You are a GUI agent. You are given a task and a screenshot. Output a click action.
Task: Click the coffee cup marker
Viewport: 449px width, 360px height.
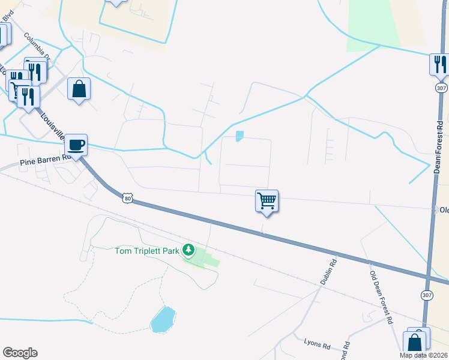tap(76, 145)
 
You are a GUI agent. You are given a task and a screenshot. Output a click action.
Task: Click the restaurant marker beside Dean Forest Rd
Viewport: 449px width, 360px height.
tap(440, 64)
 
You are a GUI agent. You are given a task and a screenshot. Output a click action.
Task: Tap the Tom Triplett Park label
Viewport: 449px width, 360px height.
tap(147, 251)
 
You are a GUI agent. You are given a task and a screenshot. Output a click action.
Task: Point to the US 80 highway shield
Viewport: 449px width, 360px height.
tap(125, 197)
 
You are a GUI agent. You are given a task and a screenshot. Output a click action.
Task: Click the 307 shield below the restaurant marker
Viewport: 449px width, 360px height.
tap(441, 88)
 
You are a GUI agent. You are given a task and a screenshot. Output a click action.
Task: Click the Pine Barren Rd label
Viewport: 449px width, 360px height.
tap(46, 160)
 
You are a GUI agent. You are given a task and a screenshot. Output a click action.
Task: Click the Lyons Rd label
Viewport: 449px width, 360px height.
tap(318, 346)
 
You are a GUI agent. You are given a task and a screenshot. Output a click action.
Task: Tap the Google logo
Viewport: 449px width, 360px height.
tap(20, 353)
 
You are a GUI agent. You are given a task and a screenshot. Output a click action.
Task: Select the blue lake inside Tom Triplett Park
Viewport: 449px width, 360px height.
tap(163, 319)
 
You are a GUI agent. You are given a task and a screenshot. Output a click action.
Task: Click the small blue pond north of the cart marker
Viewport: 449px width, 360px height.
tap(240, 136)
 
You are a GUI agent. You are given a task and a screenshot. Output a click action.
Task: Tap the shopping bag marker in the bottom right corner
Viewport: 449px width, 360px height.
tap(415, 343)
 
